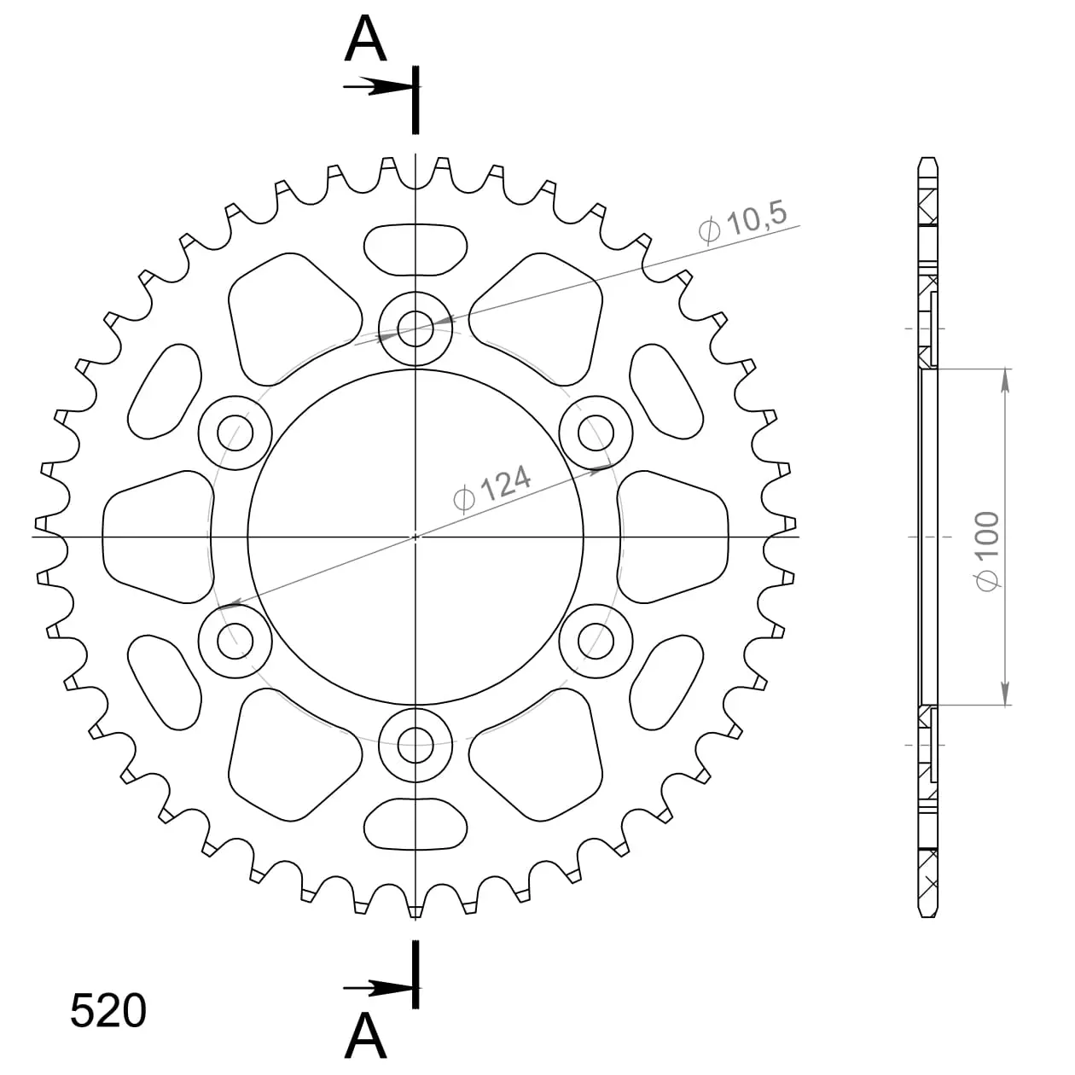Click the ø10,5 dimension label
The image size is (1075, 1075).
coord(742,222)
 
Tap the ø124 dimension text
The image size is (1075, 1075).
coord(491,489)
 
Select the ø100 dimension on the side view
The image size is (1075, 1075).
coord(987,550)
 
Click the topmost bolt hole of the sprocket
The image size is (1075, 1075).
coord(415,328)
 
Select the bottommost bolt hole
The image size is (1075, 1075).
coord(415,745)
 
